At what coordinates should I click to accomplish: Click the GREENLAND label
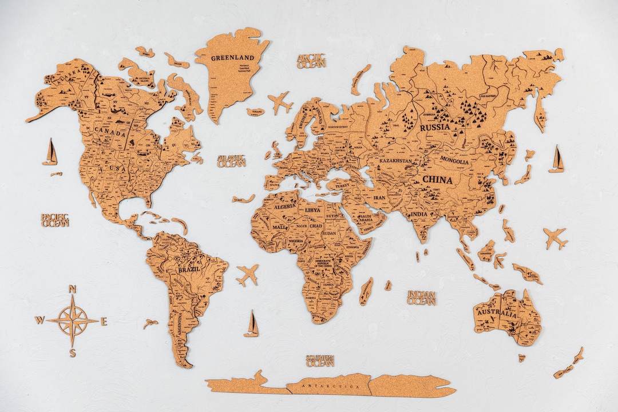(x=232, y=58)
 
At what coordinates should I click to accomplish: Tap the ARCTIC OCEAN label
(x=311, y=61)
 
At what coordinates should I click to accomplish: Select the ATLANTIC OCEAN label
(x=232, y=161)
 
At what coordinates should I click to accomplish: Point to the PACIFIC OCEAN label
(x=56, y=220)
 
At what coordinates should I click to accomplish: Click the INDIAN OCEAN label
(x=422, y=298)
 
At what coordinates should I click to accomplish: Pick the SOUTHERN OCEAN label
(x=320, y=360)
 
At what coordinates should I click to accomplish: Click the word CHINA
(x=437, y=180)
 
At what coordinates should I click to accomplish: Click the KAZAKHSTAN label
(x=395, y=162)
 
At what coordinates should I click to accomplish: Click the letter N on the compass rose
(x=73, y=289)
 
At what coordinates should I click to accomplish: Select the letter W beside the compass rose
(x=39, y=320)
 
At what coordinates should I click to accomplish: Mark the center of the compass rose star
(x=73, y=320)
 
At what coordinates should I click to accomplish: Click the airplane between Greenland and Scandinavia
(x=280, y=103)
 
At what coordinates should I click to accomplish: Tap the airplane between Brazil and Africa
(x=247, y=275)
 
